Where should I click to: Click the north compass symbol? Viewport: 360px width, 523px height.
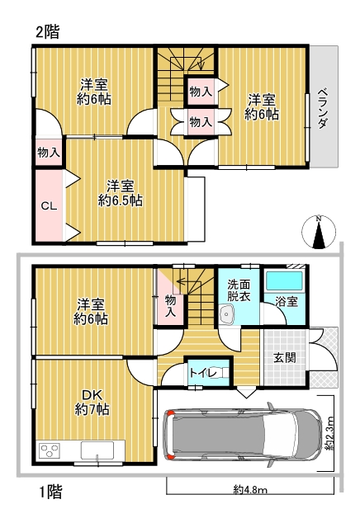(x=319, y=232)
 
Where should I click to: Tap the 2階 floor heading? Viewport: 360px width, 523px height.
(x=48, y=32)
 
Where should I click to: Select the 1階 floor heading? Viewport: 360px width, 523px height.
(x=50, y=492)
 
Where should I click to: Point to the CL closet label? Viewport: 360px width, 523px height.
(x=49, y=206)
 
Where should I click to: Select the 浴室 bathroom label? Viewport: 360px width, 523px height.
(x=287, y=302)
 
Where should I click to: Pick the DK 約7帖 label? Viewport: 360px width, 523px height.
(x=92, y=403)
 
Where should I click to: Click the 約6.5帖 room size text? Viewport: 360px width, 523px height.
(x=121, y=200)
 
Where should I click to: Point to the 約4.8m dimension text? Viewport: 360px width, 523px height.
(x=250, y=490)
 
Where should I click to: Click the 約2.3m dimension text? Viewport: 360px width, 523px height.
(x=329, y=433)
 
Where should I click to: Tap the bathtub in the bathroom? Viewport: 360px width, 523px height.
(x=285, y=281)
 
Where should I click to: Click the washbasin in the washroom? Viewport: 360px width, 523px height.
(x=227, y=314)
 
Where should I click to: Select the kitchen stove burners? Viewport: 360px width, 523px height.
(x=50, y=450)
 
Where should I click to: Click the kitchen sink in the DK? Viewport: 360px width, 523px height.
(x=97, y=450)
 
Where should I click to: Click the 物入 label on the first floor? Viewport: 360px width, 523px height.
(x=170, y=306)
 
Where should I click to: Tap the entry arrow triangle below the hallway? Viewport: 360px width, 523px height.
(x=246, y=393)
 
